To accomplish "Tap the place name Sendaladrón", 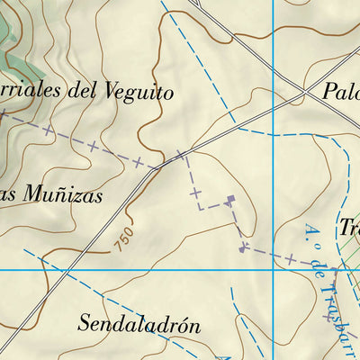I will [139, 324].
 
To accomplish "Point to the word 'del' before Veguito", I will [94, 91].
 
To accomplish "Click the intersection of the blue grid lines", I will [273, 268].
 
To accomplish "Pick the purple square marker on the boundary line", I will [230, 199].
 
